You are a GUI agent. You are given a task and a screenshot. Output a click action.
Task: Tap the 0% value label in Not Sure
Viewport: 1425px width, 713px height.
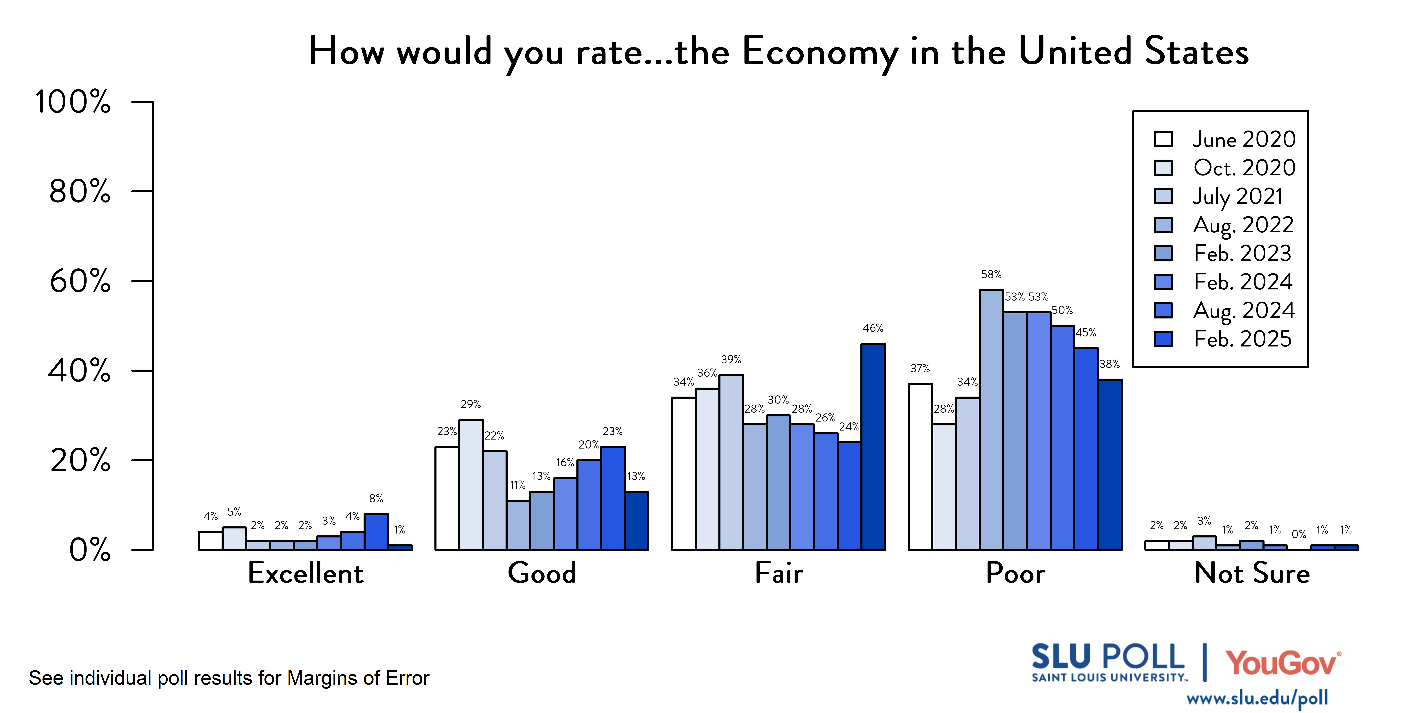point(1298,534)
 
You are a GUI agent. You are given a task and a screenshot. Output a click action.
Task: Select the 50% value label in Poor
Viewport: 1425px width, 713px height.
point(1062,310)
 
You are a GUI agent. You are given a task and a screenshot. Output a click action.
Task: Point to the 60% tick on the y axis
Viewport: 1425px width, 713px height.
point(142,281)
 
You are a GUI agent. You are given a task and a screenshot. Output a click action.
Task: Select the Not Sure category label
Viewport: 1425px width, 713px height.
point(1252,573)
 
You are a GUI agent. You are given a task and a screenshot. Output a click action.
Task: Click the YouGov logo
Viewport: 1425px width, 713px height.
point(1282,663)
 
